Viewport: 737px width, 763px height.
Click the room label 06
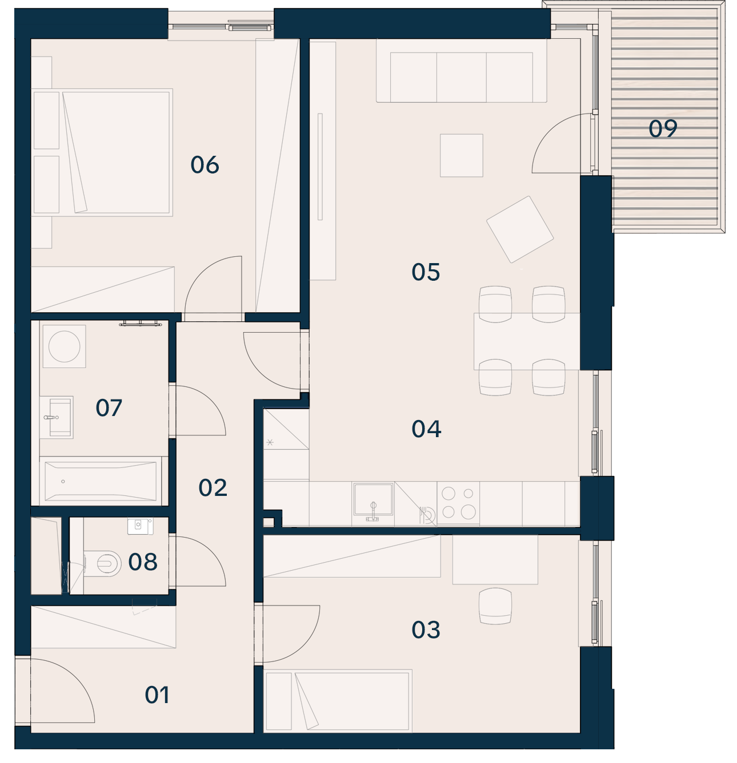(x=205, y=165)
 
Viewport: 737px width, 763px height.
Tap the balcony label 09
(x=662, y=128)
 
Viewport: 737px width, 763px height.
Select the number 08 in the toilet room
(x=143, y=562)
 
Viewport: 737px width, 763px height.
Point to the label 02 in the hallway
(x=213, y=488)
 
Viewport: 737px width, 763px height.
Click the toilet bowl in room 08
(x=103, y=563)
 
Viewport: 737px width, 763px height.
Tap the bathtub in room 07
(x=101, y=481)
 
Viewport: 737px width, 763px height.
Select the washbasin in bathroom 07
(x=57, y=417)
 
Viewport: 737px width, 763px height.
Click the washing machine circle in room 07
(x=65, y=346)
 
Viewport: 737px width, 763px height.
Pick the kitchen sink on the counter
(x=373, y=499)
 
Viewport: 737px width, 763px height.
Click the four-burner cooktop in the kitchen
(x=458, y=503)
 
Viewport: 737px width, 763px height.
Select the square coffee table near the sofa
(x=462, y=155)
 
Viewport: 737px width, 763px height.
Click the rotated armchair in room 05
(x=520, y=229)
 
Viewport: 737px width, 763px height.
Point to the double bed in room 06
(x=102, y=152)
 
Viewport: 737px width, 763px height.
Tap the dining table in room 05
(x=527, y=341)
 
